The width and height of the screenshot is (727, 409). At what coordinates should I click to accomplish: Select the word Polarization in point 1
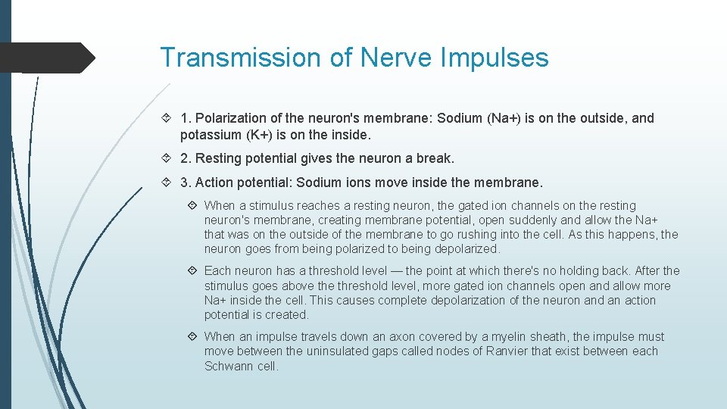coord(231,118)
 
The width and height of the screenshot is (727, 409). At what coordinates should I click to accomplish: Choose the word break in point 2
coord(435,159)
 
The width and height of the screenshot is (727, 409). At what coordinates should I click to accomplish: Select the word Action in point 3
coord(214,183)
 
